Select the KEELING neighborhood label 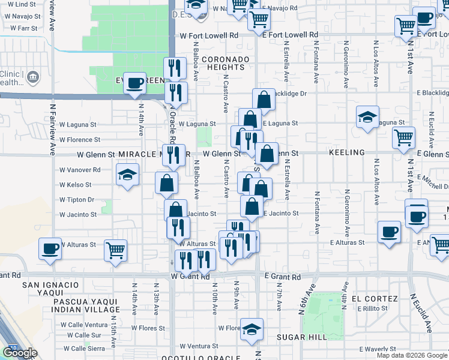click(x=346, y=153)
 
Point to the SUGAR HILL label click(x=300, y=338)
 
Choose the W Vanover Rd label click(x=80, y=170)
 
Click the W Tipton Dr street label click(x=77, y=200)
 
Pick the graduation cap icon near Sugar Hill click(x=252, y=328)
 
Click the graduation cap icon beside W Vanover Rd click(x=127, y=175)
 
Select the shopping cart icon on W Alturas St click(x=115, y=249)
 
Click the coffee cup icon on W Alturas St click(x=50, y=247)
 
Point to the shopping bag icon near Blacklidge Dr click(x=264, y=99)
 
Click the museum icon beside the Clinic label click(x=32, y=77)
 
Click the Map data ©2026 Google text click(x=412, y=355)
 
